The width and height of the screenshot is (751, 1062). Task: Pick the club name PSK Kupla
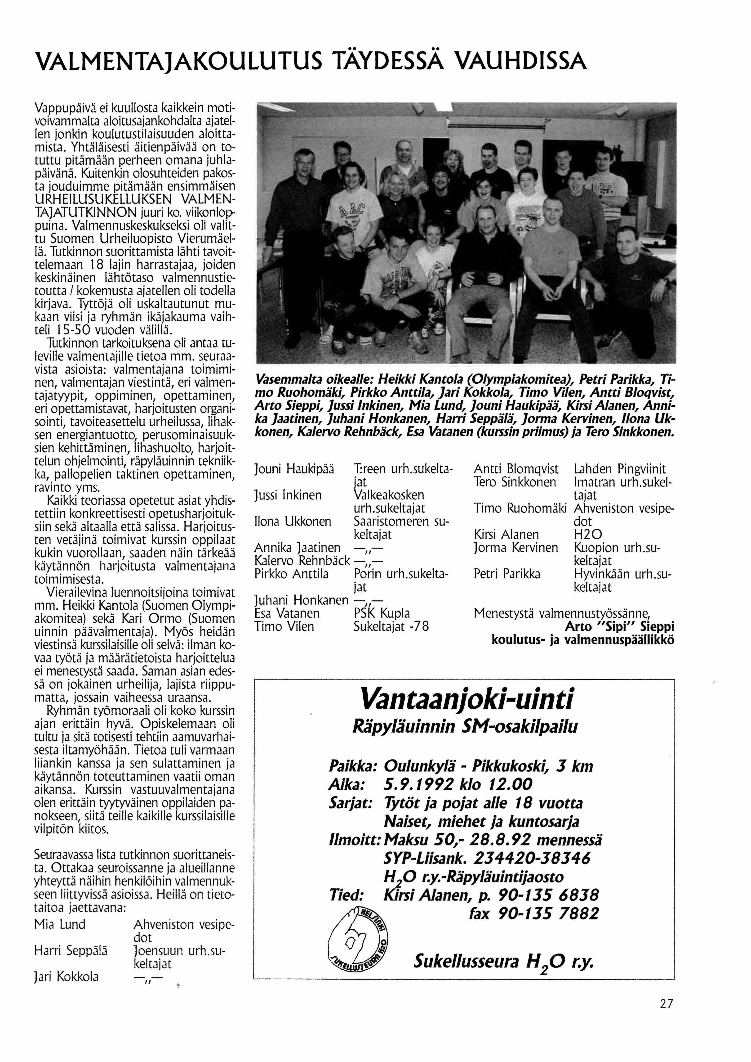(x=382, y=613)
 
